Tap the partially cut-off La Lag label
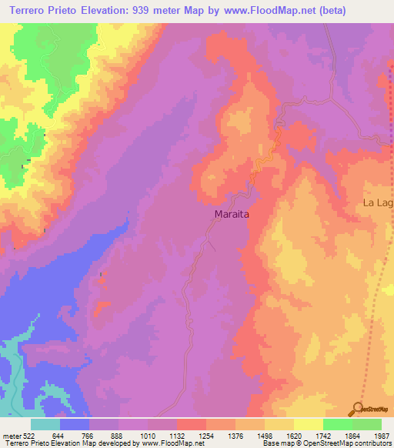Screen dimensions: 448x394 point(378,203)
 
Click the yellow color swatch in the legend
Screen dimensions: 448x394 point(309,424)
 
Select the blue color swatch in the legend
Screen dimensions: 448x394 point(75,424)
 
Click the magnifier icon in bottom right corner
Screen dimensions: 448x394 point(358,409)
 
